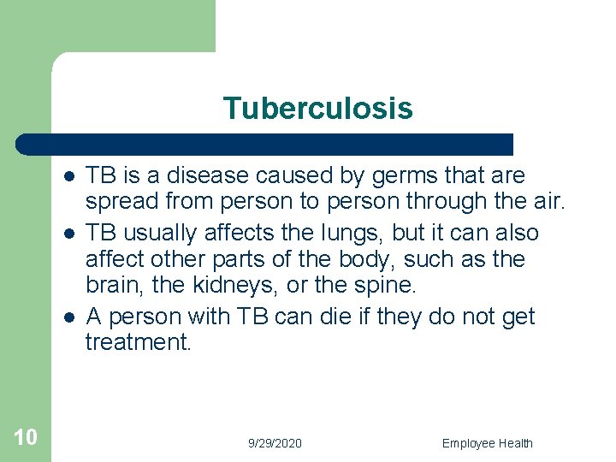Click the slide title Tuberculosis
317,109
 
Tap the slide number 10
26,437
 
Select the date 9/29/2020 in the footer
275,443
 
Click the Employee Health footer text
487,443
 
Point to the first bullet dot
68,176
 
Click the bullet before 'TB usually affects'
68,234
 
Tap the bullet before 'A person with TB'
68,317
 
